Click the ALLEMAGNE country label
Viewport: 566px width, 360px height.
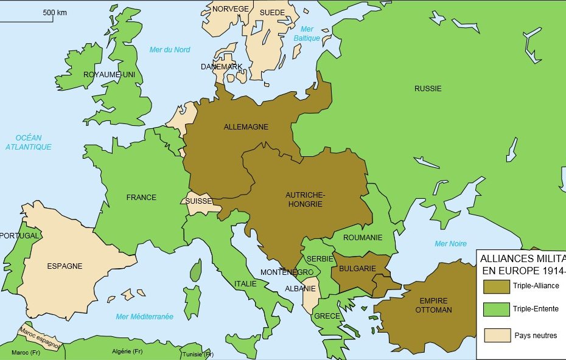[x=246, y=127]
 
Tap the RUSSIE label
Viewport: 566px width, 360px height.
[x=428, y=89]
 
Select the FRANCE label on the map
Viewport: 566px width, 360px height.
[x=141, y=198]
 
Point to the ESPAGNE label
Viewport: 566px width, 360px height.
[x=65, y=266]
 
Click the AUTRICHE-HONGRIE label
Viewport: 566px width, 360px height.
[x=305, y=199]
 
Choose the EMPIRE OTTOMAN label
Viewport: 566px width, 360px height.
[x=433, y=305]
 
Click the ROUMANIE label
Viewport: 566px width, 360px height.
[x=363, y=238]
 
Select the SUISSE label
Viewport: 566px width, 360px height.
[x=199, y=201]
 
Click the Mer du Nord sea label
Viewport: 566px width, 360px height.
[x=170, y=50]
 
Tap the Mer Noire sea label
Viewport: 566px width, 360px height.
[x=450, y=244]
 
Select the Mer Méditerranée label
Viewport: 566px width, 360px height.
[x=144, y=317]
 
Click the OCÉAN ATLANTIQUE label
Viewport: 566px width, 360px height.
[x=29, y=142]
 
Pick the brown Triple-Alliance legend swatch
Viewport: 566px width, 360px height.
[x=497, y=286]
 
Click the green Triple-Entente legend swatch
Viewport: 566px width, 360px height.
[x=497, y=310]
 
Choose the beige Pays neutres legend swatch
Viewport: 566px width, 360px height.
[x=497, y=335]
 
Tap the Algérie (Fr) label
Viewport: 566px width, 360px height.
[x=127, y=351]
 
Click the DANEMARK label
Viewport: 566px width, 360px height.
[x=222, y=67]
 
